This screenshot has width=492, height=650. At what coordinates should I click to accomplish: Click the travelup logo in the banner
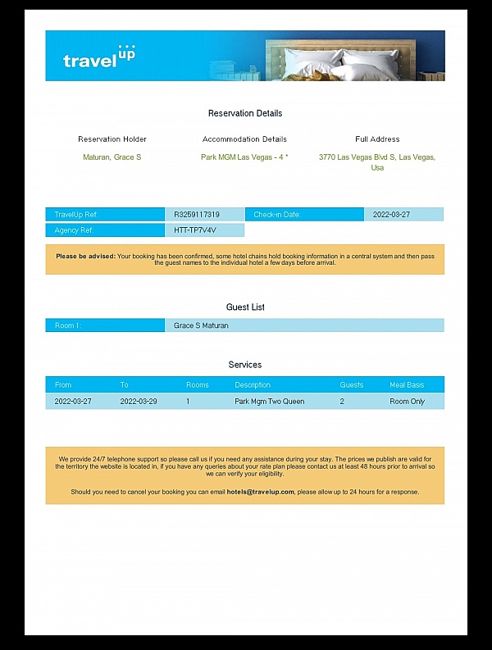(98, 57)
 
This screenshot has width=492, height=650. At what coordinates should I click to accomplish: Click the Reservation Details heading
(245, 113)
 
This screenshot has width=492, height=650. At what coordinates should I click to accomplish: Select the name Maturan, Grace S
(112, 157)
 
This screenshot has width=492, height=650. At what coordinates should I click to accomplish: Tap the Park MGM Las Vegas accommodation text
(244, 157)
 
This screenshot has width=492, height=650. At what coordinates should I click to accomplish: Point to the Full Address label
(377, 139)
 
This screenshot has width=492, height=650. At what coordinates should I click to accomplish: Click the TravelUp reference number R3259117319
(197, 215)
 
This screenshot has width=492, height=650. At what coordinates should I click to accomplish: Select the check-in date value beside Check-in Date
(391, 215)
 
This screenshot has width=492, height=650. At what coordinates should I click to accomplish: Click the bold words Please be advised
(85, 256)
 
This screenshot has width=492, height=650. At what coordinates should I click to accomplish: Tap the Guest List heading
(245, 307)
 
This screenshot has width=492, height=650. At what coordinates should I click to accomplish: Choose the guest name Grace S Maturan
(201, 325)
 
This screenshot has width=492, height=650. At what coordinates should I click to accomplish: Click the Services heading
(245, 365)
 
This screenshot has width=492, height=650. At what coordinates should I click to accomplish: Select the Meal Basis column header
(407, 384)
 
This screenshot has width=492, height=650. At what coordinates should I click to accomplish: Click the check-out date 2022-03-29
(139, 402)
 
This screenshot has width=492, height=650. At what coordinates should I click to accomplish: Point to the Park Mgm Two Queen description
(269, 402)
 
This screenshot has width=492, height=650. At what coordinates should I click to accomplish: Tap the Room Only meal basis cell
(407, 402)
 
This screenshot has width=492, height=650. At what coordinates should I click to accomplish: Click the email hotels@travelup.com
(261, 492)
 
